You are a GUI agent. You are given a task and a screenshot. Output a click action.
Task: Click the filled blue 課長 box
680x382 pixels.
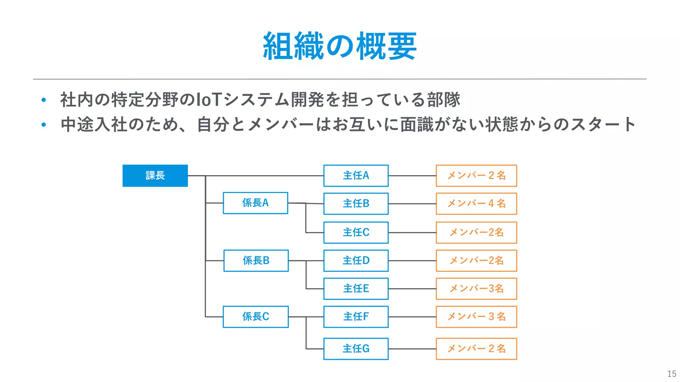pos(155,176)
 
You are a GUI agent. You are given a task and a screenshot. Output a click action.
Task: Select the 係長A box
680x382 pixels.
pos(255,203)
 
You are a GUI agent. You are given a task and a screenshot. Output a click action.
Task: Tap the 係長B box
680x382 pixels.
pos(256,261)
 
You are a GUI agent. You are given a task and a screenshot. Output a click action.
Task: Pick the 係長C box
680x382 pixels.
pos(256,317)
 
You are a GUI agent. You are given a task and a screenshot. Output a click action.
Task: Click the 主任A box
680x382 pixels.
pos(356,176)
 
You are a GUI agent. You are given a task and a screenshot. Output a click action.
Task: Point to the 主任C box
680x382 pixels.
pos(356,232)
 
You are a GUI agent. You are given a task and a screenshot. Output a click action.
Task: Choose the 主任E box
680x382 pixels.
pos(356,288)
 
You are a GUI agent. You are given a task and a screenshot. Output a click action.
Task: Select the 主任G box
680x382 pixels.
pos(356,349)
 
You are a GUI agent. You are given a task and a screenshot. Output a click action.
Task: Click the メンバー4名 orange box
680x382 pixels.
pos(476,204)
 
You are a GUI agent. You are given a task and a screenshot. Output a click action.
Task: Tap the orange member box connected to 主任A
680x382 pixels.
pos(476,176)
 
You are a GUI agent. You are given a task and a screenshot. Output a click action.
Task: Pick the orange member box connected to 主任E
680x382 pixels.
pos(476,288)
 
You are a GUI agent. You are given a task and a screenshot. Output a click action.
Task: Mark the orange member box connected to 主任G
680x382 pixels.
pos(476,349)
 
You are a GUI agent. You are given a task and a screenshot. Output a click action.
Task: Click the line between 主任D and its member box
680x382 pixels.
pos(412,261)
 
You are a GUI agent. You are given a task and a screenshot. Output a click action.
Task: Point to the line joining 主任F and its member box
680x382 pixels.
pos(412,317)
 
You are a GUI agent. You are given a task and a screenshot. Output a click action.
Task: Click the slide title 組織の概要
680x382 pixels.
pos(340,46)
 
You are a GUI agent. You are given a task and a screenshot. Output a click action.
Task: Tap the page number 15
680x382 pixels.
pos(671,374)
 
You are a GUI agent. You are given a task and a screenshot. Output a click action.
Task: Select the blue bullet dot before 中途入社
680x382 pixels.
pos(43,125)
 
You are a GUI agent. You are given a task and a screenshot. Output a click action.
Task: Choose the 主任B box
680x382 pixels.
pos(356,204)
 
